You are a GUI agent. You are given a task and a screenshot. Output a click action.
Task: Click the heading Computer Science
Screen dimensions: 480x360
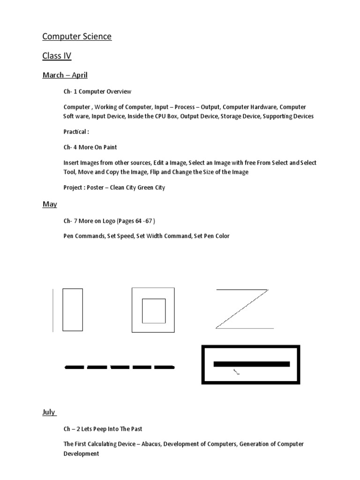point(77,37)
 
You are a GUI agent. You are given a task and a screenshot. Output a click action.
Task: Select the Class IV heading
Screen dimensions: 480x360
point(57,56)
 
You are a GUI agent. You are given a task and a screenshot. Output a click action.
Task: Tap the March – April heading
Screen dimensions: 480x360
point(65,75)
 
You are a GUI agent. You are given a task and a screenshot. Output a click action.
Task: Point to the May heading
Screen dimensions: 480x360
point(50,204)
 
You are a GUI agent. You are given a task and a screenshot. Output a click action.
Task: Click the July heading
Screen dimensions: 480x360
point(49,412)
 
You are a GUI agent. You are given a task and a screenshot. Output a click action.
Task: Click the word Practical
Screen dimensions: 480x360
point(75,132)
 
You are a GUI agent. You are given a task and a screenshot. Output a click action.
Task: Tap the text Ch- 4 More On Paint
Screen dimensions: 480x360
point(90,147)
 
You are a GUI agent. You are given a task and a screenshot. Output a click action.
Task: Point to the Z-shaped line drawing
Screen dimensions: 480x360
point(243,309)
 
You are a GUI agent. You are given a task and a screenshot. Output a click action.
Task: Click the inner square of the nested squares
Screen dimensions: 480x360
point(154,311)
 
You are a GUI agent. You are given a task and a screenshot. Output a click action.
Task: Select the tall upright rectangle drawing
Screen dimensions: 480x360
point(73,310)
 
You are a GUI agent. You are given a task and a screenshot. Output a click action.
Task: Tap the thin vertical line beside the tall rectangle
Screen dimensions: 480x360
point(53,310)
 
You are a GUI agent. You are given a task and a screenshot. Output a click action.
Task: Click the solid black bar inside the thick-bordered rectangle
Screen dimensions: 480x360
point(251,364)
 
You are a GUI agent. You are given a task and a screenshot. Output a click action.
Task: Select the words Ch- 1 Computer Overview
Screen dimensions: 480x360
point(97,91)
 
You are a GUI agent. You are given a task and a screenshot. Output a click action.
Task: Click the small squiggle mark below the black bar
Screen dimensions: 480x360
point(237,372)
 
